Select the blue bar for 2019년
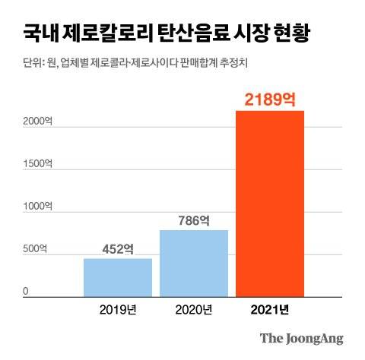[118, 276]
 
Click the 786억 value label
[194, 221]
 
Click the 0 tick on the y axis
[25, 291]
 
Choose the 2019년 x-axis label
[118, 310]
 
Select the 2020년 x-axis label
[194, 310]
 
